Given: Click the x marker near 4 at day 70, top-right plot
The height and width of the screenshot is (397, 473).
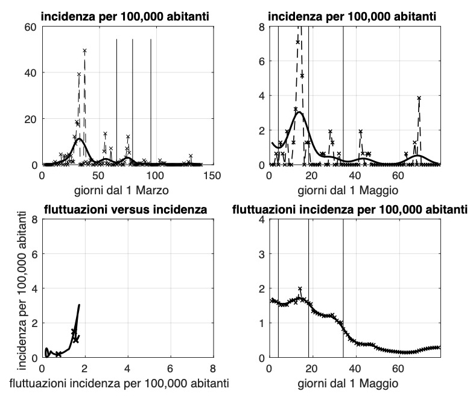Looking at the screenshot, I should point(418,98).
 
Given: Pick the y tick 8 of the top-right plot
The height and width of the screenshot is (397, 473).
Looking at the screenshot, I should point(261,27).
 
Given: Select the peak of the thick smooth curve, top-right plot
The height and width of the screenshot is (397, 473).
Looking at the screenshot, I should point(299,112).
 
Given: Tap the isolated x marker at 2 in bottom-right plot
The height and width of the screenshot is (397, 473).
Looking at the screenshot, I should point(300,288).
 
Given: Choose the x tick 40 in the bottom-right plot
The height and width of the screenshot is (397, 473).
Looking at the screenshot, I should point(354,368).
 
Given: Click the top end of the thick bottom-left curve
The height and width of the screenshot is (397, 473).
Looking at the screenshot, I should point(79,305).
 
